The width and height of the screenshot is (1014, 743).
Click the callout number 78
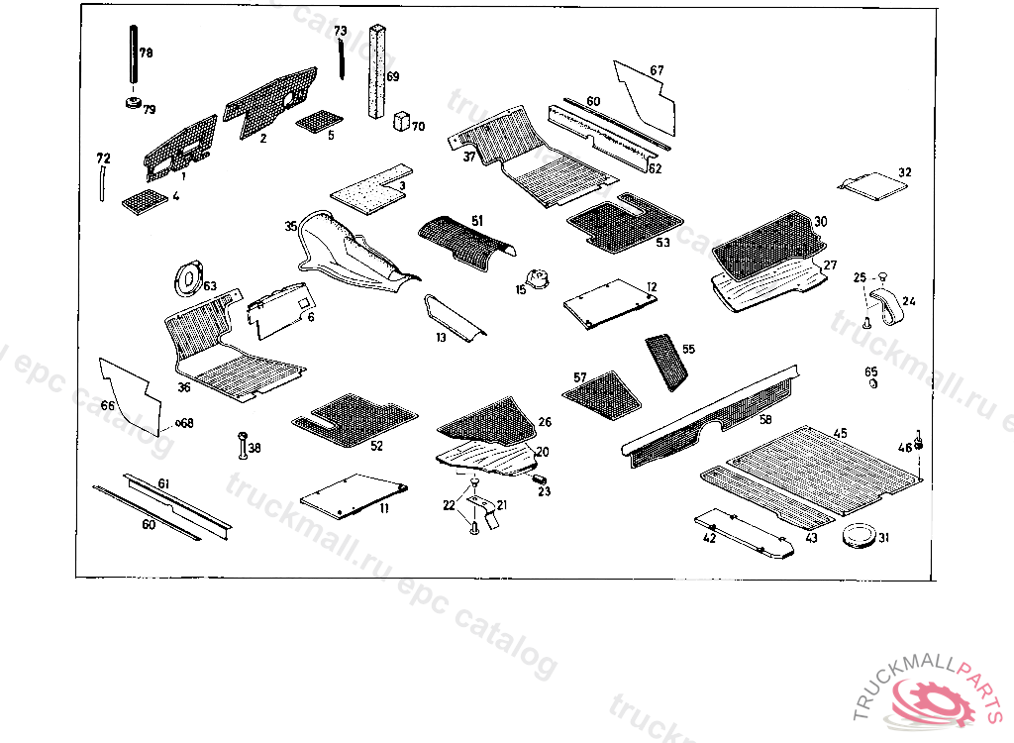pos(146,53)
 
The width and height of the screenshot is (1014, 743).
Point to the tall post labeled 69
pos(377,74)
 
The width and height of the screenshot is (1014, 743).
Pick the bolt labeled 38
pos(241,447)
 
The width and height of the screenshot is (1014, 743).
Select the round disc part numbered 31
pos(859,536)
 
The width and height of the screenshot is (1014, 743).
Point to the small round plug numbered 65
pos(872,383)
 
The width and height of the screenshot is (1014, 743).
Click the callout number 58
pos(765,419)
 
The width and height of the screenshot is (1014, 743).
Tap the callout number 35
pos(290,227)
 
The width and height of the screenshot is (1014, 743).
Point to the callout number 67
pos(657,70)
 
